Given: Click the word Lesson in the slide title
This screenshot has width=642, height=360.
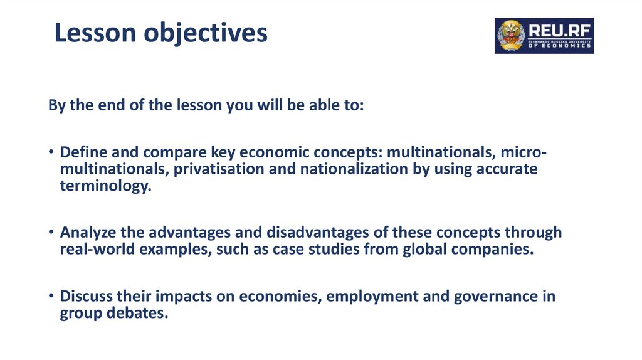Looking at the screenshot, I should click(94, 33).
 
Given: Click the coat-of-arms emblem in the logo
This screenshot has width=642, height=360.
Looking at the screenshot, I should click(509, 36).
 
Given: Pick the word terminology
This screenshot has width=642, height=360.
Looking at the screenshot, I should click(105, 186).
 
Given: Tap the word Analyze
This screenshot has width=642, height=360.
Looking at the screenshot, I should click(87, 233).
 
